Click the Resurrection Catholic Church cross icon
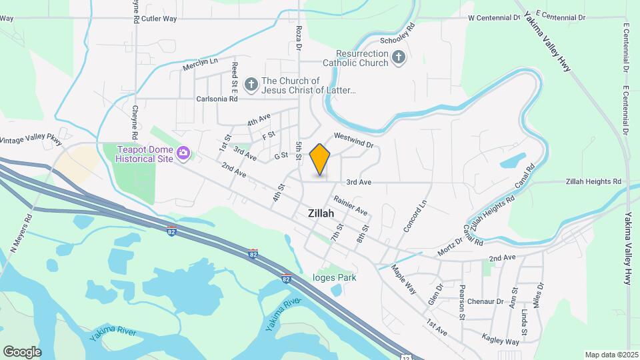point(398,58)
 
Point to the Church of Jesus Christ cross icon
point(251,84)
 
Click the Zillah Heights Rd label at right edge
point(593,181)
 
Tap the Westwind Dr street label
point(353,140)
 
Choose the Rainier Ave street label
point(351,205)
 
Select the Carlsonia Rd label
point(217,99)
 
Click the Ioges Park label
point(335,278)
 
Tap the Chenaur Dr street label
point(485,301)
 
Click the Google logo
point(22,352)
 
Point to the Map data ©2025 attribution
point(611,355)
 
